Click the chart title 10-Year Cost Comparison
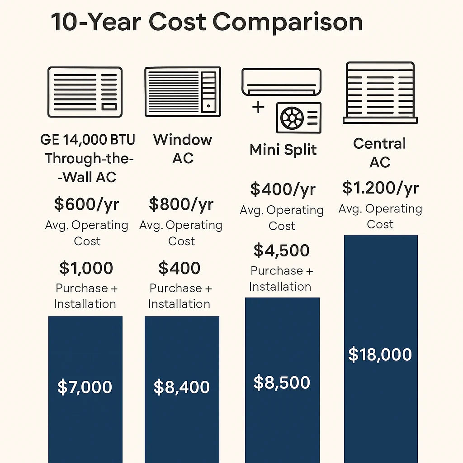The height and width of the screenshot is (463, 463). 207,22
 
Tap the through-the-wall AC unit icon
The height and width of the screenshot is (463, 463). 85,92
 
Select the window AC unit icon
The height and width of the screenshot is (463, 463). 183,92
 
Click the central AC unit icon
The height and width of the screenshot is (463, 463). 380,93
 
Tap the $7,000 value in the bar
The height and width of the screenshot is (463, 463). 85,387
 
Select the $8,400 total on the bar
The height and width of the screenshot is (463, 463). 182,387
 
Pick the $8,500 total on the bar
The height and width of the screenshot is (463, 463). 282,383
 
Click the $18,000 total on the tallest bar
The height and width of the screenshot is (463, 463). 380,354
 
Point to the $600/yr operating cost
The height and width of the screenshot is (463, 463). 86,204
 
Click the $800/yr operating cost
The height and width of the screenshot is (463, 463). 181,204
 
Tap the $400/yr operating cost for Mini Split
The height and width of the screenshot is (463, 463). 283,189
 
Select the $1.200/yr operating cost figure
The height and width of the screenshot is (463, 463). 380,188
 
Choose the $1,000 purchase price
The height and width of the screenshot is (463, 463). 86,269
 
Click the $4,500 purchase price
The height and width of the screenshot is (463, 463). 281,250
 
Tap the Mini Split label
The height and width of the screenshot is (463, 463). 283,150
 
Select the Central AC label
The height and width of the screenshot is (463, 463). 380,153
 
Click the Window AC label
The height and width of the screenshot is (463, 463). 183,149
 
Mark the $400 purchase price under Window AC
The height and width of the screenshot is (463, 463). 180,269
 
